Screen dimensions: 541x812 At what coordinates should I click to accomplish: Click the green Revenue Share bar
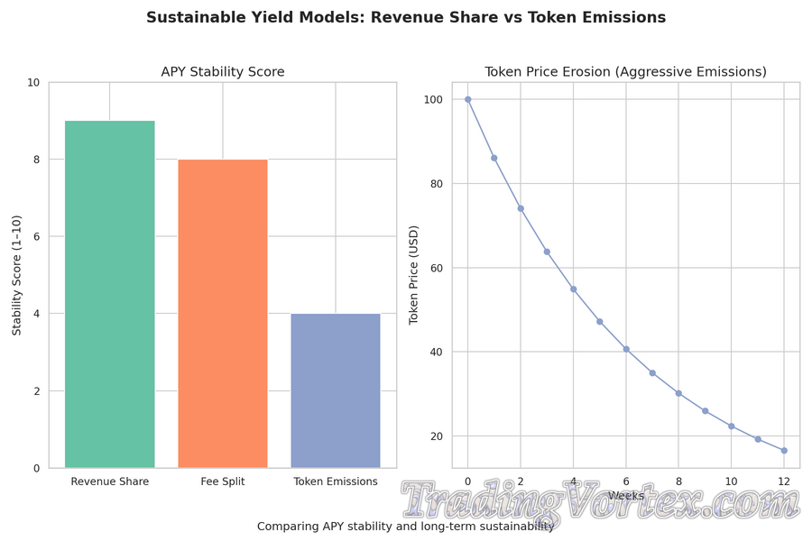coord(110,294)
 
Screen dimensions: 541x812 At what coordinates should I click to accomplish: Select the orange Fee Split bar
coord(223,313)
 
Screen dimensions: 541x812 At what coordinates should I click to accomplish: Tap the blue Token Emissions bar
coord(336,390)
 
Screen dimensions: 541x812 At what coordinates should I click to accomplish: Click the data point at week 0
coord(467,99)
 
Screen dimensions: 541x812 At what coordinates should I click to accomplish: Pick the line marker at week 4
coord(573,289)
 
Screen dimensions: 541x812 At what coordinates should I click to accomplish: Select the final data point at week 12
coord(784,451)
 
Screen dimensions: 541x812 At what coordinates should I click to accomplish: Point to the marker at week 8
coord(678,393)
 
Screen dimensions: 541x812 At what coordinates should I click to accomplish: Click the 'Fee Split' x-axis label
coord(223,481)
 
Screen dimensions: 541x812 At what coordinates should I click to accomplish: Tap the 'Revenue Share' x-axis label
coord(110,481)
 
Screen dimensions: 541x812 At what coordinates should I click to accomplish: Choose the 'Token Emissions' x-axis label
coord(336,481)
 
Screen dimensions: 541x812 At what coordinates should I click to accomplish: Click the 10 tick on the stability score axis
coord(33,82)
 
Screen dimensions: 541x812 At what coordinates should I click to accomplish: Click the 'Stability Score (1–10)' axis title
coord(17,275)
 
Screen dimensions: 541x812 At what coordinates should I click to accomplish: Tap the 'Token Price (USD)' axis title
coord(414,275)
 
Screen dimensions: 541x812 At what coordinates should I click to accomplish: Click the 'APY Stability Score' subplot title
coord(223,72)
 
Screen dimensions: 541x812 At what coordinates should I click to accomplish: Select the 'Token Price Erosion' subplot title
coord(625,72)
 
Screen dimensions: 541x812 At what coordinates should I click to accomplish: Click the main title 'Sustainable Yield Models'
coord(406,18)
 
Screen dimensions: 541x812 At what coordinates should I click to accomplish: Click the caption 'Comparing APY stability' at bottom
coord(406,526)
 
